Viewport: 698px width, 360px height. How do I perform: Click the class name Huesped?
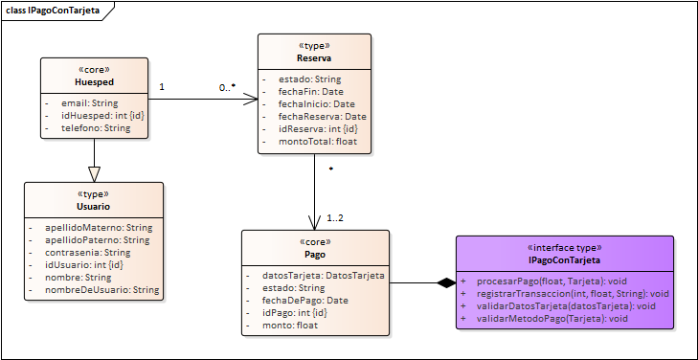[x=93, y=82]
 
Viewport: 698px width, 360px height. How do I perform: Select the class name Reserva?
[x=314, y=57]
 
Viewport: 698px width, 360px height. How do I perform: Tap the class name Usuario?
[x=93, y=206]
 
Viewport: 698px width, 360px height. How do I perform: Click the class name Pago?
[x=315, y=255]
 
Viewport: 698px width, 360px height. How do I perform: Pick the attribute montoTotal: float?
[x=305, y=142]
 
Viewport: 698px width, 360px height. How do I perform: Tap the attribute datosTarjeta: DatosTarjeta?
[x=323, y=276]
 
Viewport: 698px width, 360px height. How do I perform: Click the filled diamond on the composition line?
[x=446, y=282]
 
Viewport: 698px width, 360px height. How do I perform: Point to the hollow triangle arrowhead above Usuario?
[x=94, y=173]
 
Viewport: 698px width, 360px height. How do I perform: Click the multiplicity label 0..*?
[x=227, y=87]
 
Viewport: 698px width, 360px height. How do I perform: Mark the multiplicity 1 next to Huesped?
[x=162, y=87]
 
